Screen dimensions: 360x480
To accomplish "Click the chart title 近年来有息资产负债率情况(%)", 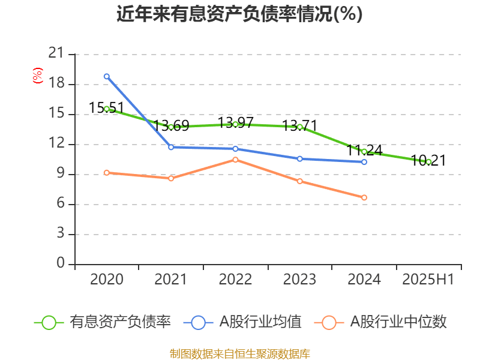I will (x=239, y=14).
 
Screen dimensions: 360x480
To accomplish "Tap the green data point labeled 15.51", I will (x=107, y=109).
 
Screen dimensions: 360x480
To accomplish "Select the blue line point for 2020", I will (x=107, y=76).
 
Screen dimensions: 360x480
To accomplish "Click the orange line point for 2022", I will (x=235, y=160).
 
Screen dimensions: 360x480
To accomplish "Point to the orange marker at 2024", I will (x=364, y=197).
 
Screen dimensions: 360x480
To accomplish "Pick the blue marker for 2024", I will (x=364, y=162).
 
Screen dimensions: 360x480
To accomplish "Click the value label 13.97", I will (x=235, y=123).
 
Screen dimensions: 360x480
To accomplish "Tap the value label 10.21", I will (x=428, y=160).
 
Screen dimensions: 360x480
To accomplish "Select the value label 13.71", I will (x=300, y=126).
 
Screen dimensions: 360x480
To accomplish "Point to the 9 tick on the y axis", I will (x=59, y=174).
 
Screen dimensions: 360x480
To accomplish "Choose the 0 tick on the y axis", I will (x=59, y=264).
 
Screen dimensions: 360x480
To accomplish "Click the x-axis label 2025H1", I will (x=428, y=280).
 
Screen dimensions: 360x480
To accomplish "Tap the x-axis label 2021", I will (x=171, y=280).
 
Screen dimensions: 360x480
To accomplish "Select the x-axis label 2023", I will (x=299, y=280).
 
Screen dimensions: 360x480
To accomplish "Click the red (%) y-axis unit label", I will (x=38, y=76).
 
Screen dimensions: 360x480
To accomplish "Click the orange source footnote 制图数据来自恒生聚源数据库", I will (x=239, y=353).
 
